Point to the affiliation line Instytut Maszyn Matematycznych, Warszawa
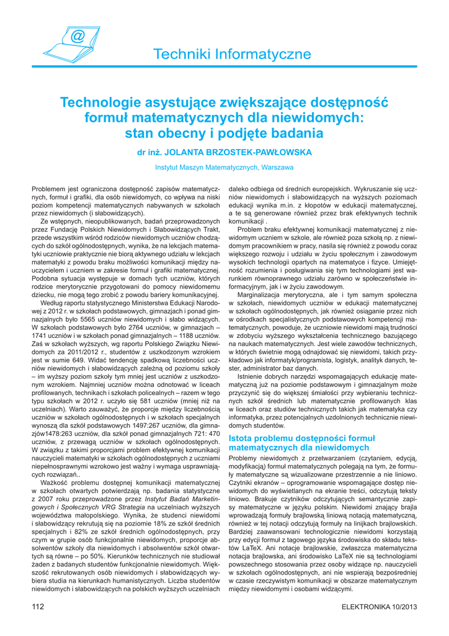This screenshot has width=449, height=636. [x=225, y=168]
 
